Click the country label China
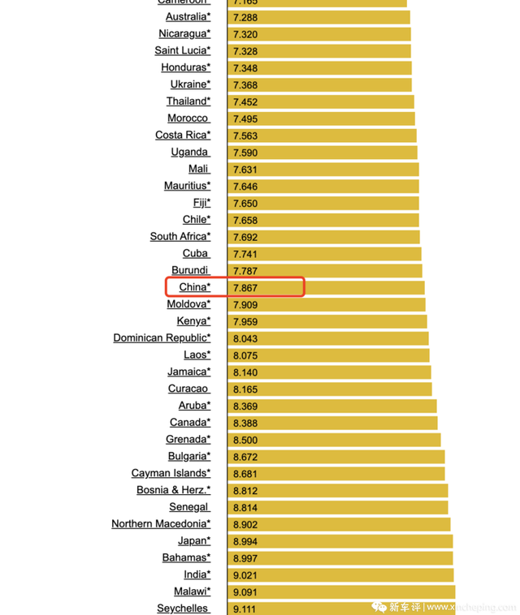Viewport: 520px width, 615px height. coord(194,287)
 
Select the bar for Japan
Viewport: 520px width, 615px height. coord(341,541)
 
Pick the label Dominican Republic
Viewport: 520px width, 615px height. coord(162,338)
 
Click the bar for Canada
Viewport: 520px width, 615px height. coord(334,423)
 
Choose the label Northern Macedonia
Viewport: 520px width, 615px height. coord(161,524)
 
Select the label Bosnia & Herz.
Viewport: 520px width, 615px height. coord(173,490)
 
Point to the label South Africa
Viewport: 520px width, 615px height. coord(180,237)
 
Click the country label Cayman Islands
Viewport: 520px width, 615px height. coord(171,473)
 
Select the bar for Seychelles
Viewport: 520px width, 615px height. coord(342,609)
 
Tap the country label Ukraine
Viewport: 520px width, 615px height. coord(190,84)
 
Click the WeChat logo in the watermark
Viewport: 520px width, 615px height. coord(379,606)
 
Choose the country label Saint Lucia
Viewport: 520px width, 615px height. coord(182,51)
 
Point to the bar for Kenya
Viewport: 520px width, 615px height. coord(329,321)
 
